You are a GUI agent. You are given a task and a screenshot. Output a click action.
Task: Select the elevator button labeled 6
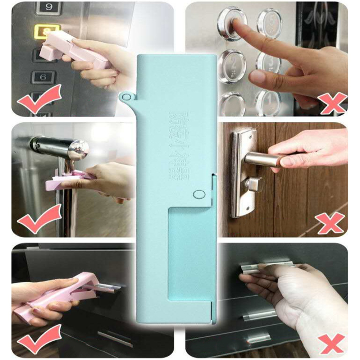tap(43, 77)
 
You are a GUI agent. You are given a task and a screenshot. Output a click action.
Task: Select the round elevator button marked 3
tap(268, 64)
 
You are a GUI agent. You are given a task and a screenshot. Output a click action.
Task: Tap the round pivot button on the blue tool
tap(197, 194)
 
